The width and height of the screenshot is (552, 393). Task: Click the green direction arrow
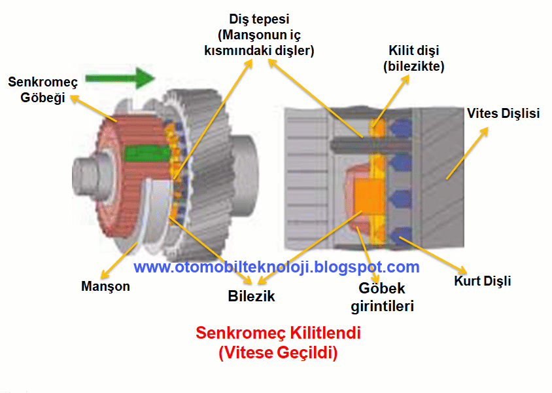(x=120, y=78)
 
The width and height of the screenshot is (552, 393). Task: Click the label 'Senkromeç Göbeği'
(x=43, y=90)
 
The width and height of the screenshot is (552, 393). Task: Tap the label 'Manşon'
(x=105, y=286)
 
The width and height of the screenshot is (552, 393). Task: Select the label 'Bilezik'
(x=251, y=296)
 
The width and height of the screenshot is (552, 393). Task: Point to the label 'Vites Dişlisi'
(x=503, y=113)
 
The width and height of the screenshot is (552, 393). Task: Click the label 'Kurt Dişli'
(x=482, y=281)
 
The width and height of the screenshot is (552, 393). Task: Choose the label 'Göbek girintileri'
(x=382, y=297)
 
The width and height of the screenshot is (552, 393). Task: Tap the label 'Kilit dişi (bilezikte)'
(x=413, y=58)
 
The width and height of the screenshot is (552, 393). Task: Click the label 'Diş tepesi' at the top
(x=259, y=19)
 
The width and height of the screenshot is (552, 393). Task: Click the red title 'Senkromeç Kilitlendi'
(x=278, y=332)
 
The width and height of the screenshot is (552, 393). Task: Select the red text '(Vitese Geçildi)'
(x=278, y=352)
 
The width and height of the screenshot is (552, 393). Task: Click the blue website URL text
(x=277, y=267)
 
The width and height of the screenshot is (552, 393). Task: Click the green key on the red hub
(x=146, y=153)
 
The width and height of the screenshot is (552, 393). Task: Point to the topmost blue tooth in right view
(x=401, y=128)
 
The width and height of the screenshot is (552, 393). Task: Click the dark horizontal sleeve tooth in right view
(x=370, y=144)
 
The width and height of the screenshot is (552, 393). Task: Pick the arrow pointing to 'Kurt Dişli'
(x=433, y=255)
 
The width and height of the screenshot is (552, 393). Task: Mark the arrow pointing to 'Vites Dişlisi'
(x=467, y=153)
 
